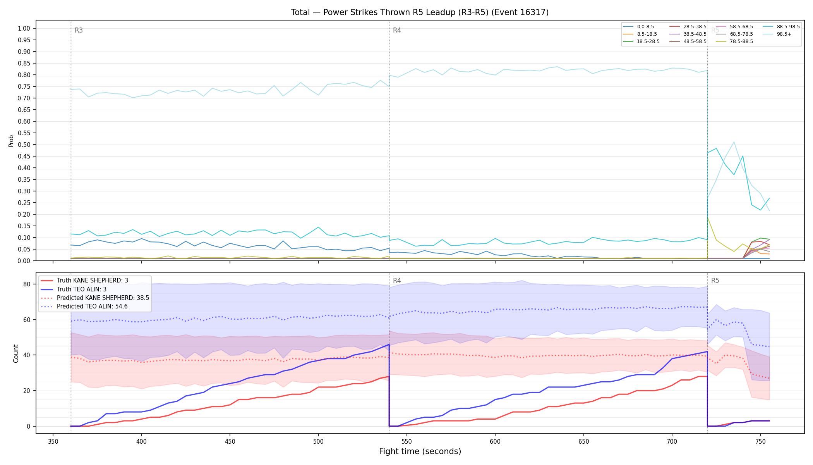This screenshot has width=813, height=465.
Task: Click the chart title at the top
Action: pyautogui.click(x=420, y=12)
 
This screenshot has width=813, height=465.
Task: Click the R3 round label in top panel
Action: pyautogui.click(x=79, y=30)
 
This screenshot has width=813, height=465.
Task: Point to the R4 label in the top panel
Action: pyautogui.click(x=397, y=30)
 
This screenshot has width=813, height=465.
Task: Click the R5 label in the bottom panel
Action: pyautogui.click(x=715, y=281)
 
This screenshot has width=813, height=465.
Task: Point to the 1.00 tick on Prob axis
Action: pyautogui.click(x=24, y=28)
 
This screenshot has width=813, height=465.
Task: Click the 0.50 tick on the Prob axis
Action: pyautogui.click(x=24, y=145)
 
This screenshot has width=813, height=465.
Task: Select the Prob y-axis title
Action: pyautogui.click(x=11, y=141)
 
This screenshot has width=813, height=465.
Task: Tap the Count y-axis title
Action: pyautogui.click(x=16, y=353)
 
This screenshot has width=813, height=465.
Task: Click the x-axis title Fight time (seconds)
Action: pyautogui.click(x=420, y=451)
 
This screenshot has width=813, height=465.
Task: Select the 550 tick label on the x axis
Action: pyautogui.click(x=406, y=441)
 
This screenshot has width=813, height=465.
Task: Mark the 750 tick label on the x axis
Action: pyautogui.click(x=760, y=441)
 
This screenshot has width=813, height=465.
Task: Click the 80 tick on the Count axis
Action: pyautogui.click(x=27, y=284)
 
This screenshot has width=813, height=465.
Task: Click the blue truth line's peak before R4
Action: pyautogui.click(x=389, y=344)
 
